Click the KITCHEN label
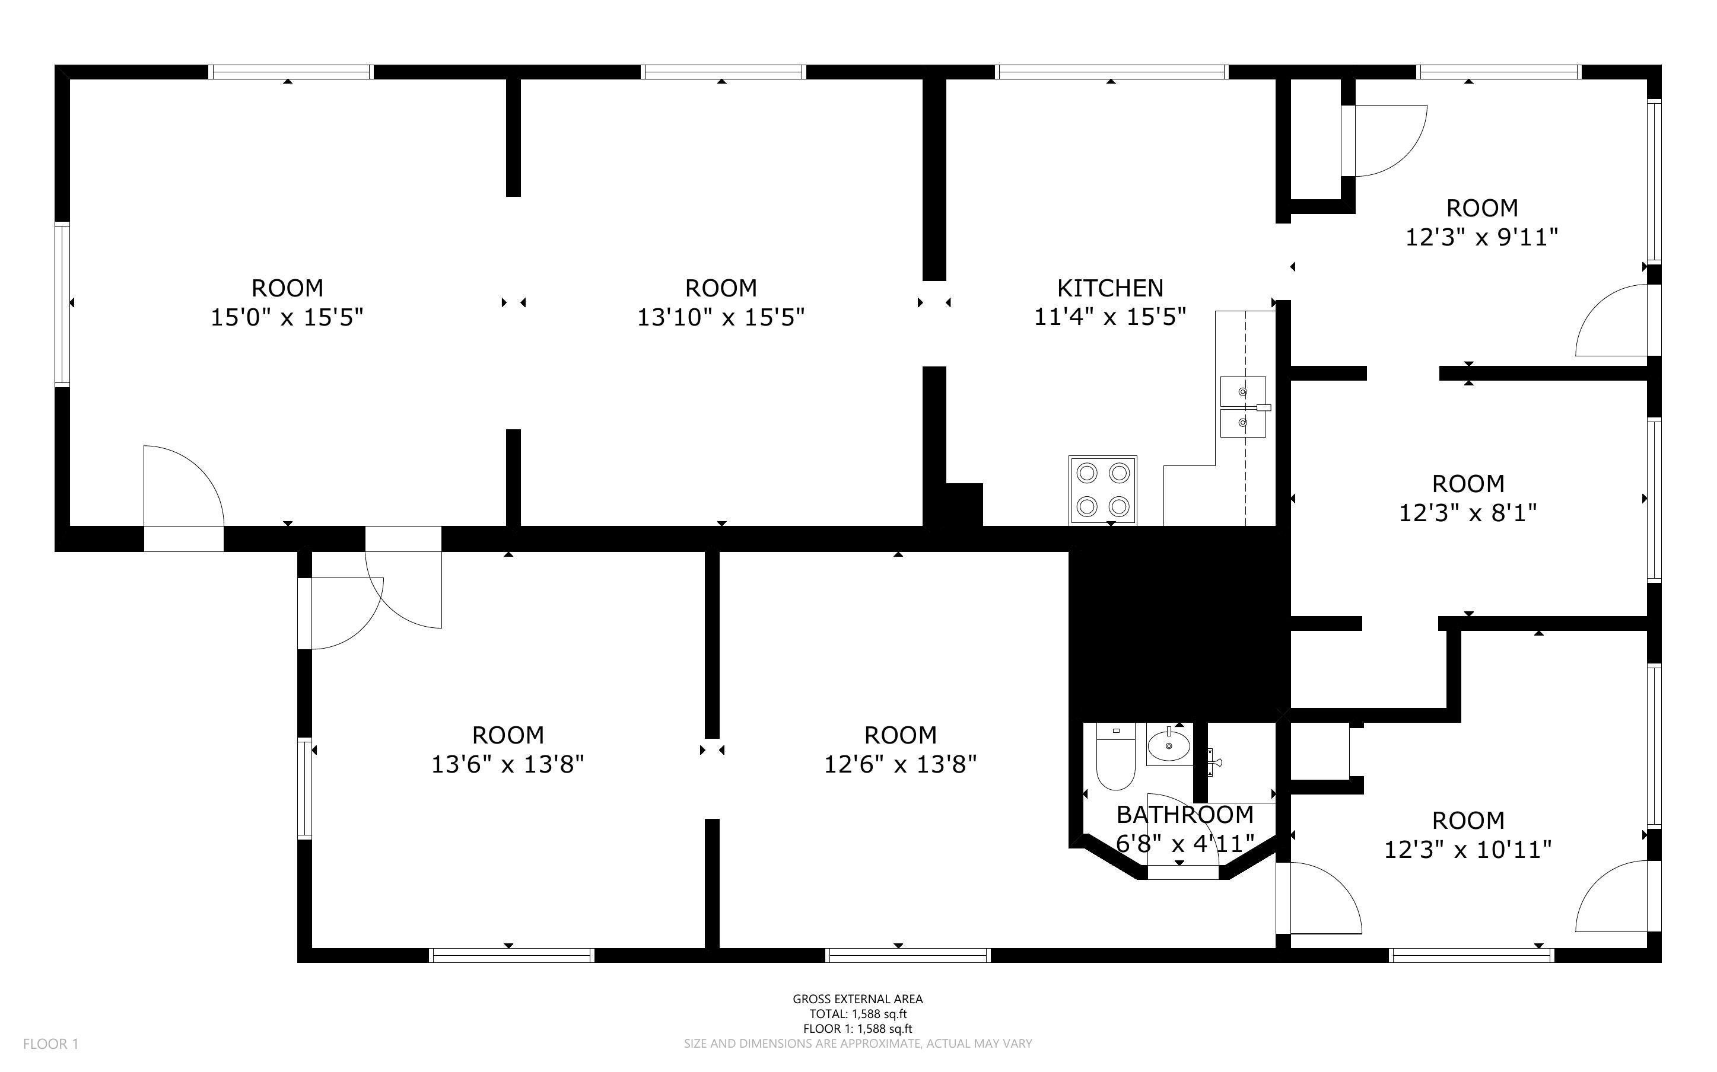(x=1110, y=288)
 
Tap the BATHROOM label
(x=1185, y=815)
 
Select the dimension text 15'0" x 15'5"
(x=287, y=317)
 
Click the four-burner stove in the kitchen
(x=1103, y=490)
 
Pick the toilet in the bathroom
(x=1115, y=756)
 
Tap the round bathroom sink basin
(x=1169, y=746)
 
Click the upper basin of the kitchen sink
(x=1242, y=391)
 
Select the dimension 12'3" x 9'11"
(x=1481, y=237)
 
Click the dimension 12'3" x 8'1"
(x=1467, y=513)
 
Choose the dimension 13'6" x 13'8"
(x=508, y=764)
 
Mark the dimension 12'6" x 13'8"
(x=900, y=764)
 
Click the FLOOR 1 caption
(x=51, y=1044)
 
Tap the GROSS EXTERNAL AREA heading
(x=857, y=999)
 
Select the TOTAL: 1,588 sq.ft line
(x=857, y=1014)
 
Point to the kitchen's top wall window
(x=1111, y=72)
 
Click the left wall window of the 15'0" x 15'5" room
(x=62, y=304)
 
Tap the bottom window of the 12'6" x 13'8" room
(x=908, y=955)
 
